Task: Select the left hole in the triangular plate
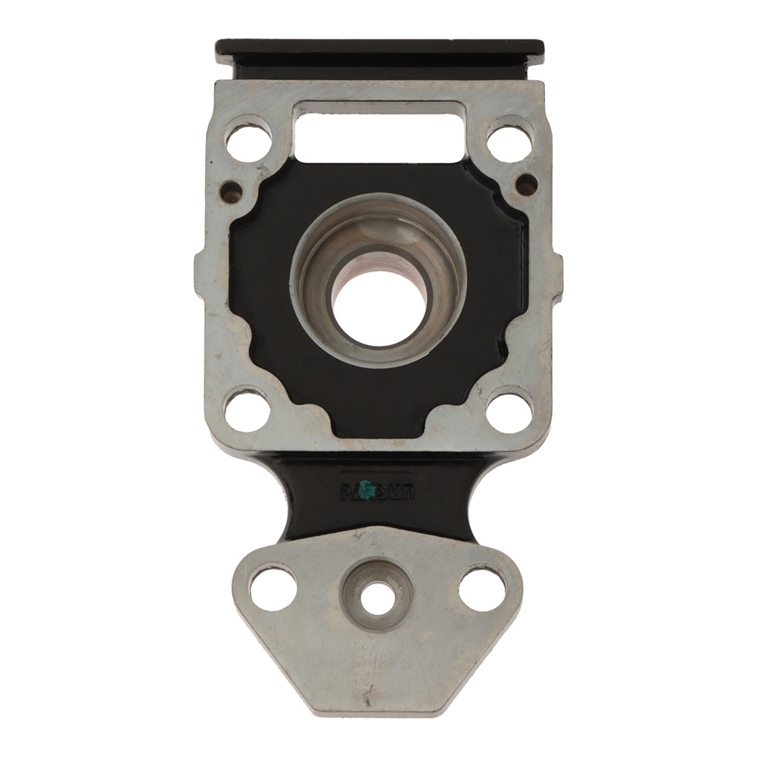[273, 587]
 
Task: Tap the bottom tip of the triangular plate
[378, 708]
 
